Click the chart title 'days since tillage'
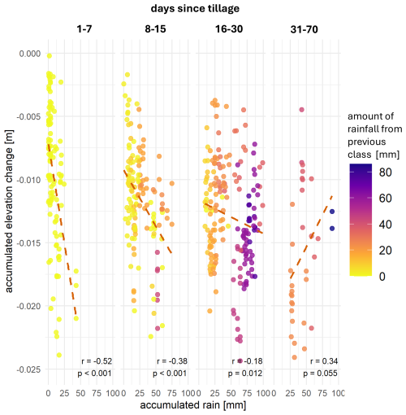pyautogui.click(x=192, y=8)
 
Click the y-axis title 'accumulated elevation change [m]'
pyautogui.click(x=10, y=211)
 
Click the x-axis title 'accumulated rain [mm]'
pyautogui.click(x=192, y=404)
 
